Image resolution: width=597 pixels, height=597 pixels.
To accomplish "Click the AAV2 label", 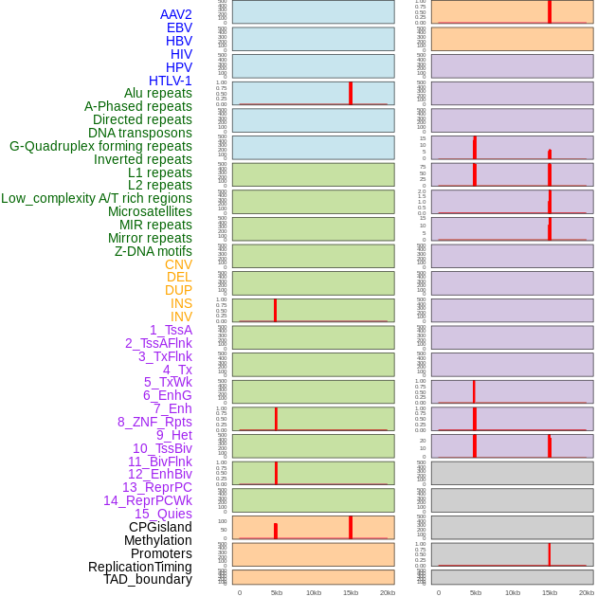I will (175, 14).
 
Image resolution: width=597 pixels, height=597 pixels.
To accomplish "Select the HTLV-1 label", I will (170, 81).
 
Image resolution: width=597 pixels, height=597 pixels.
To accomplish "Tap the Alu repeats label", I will (158, 93).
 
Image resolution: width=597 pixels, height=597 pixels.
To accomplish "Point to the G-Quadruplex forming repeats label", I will (100, 146).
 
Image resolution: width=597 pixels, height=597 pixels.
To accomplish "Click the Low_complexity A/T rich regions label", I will (96, 198).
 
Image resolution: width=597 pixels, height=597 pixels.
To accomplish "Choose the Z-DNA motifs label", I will (153, 251).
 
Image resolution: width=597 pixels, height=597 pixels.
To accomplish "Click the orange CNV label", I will (178, 264).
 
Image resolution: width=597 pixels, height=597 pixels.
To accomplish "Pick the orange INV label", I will (181, 317).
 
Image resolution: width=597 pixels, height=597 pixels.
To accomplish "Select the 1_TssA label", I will (171, 330).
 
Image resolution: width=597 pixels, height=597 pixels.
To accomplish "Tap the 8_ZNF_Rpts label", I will (154, 422).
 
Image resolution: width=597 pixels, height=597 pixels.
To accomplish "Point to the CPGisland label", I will (160, 527).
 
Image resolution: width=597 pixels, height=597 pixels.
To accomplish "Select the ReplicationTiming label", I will (139, 567).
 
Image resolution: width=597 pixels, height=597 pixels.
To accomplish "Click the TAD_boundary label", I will (148, 579).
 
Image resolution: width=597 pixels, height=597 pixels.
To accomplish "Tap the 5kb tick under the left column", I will (277, 592).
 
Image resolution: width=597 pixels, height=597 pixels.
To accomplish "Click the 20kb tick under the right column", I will (587, 592).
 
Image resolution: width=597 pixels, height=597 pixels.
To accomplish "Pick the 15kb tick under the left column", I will (351, 592).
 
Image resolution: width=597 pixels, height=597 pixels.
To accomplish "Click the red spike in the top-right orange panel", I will (550, 11).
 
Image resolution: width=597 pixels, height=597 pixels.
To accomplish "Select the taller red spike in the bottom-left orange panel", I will (351, 527).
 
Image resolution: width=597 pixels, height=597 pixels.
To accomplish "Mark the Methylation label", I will (157, 540).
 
